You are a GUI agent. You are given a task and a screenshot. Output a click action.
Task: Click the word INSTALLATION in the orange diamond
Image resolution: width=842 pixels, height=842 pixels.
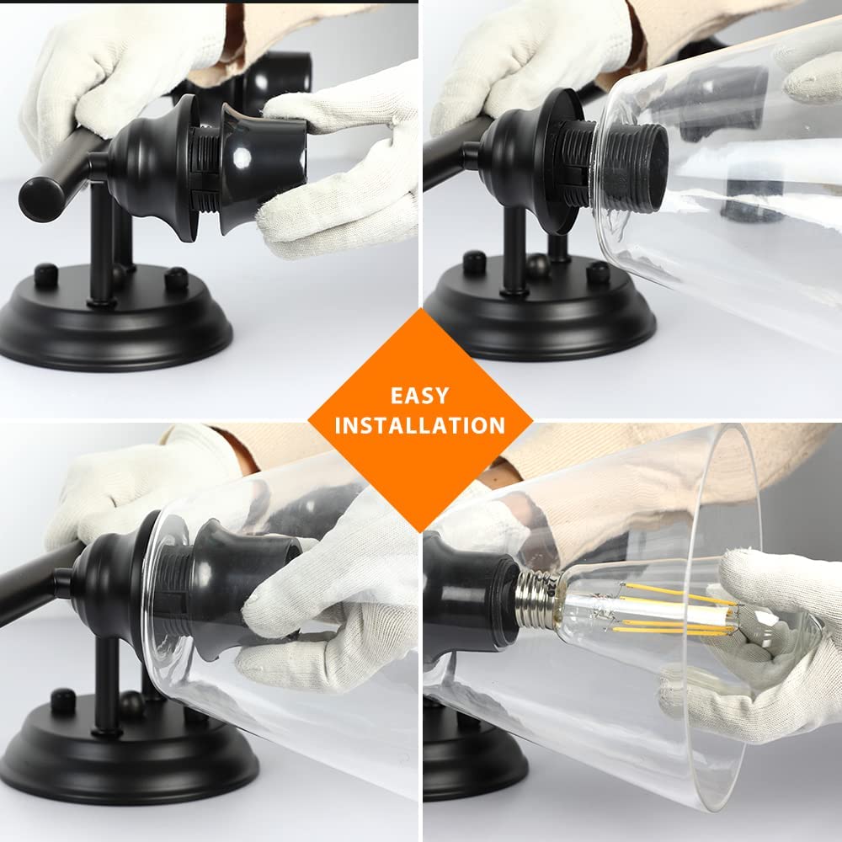click(420, 425)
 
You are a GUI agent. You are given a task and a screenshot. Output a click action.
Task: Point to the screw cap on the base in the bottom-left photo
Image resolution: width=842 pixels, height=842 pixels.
click(63, 701)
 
